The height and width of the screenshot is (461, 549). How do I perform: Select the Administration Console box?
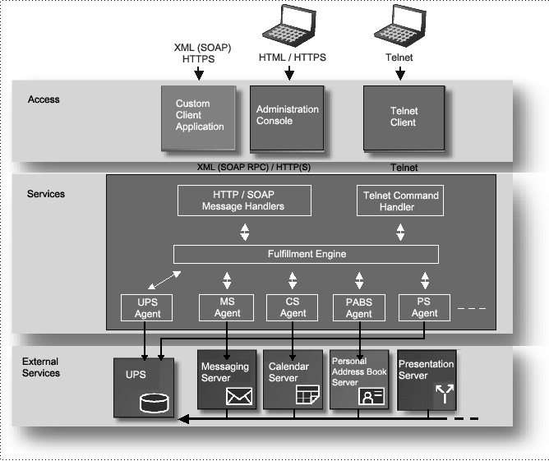coord(287,116)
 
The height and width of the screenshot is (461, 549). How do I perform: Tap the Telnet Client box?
coord(403,117)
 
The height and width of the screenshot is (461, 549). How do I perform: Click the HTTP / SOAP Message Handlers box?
coord(244,201)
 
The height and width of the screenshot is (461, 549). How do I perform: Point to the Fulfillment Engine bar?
coord(305,254)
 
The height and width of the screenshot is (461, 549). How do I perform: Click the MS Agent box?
coord(227,307)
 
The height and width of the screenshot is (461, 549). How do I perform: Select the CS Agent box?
coord(293,307)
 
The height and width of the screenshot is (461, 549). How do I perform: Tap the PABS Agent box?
coord(358,307)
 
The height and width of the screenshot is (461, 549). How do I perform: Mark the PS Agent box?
coord(424,307)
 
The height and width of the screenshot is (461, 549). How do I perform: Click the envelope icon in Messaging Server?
coord(238,396)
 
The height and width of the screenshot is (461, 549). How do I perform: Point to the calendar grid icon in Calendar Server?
coord(306,395)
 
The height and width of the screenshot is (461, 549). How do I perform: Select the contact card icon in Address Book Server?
coord(371,397)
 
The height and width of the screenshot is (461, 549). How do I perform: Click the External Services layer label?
coord(41,366)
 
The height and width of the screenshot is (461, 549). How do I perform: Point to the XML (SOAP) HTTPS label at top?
coord(198,53)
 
